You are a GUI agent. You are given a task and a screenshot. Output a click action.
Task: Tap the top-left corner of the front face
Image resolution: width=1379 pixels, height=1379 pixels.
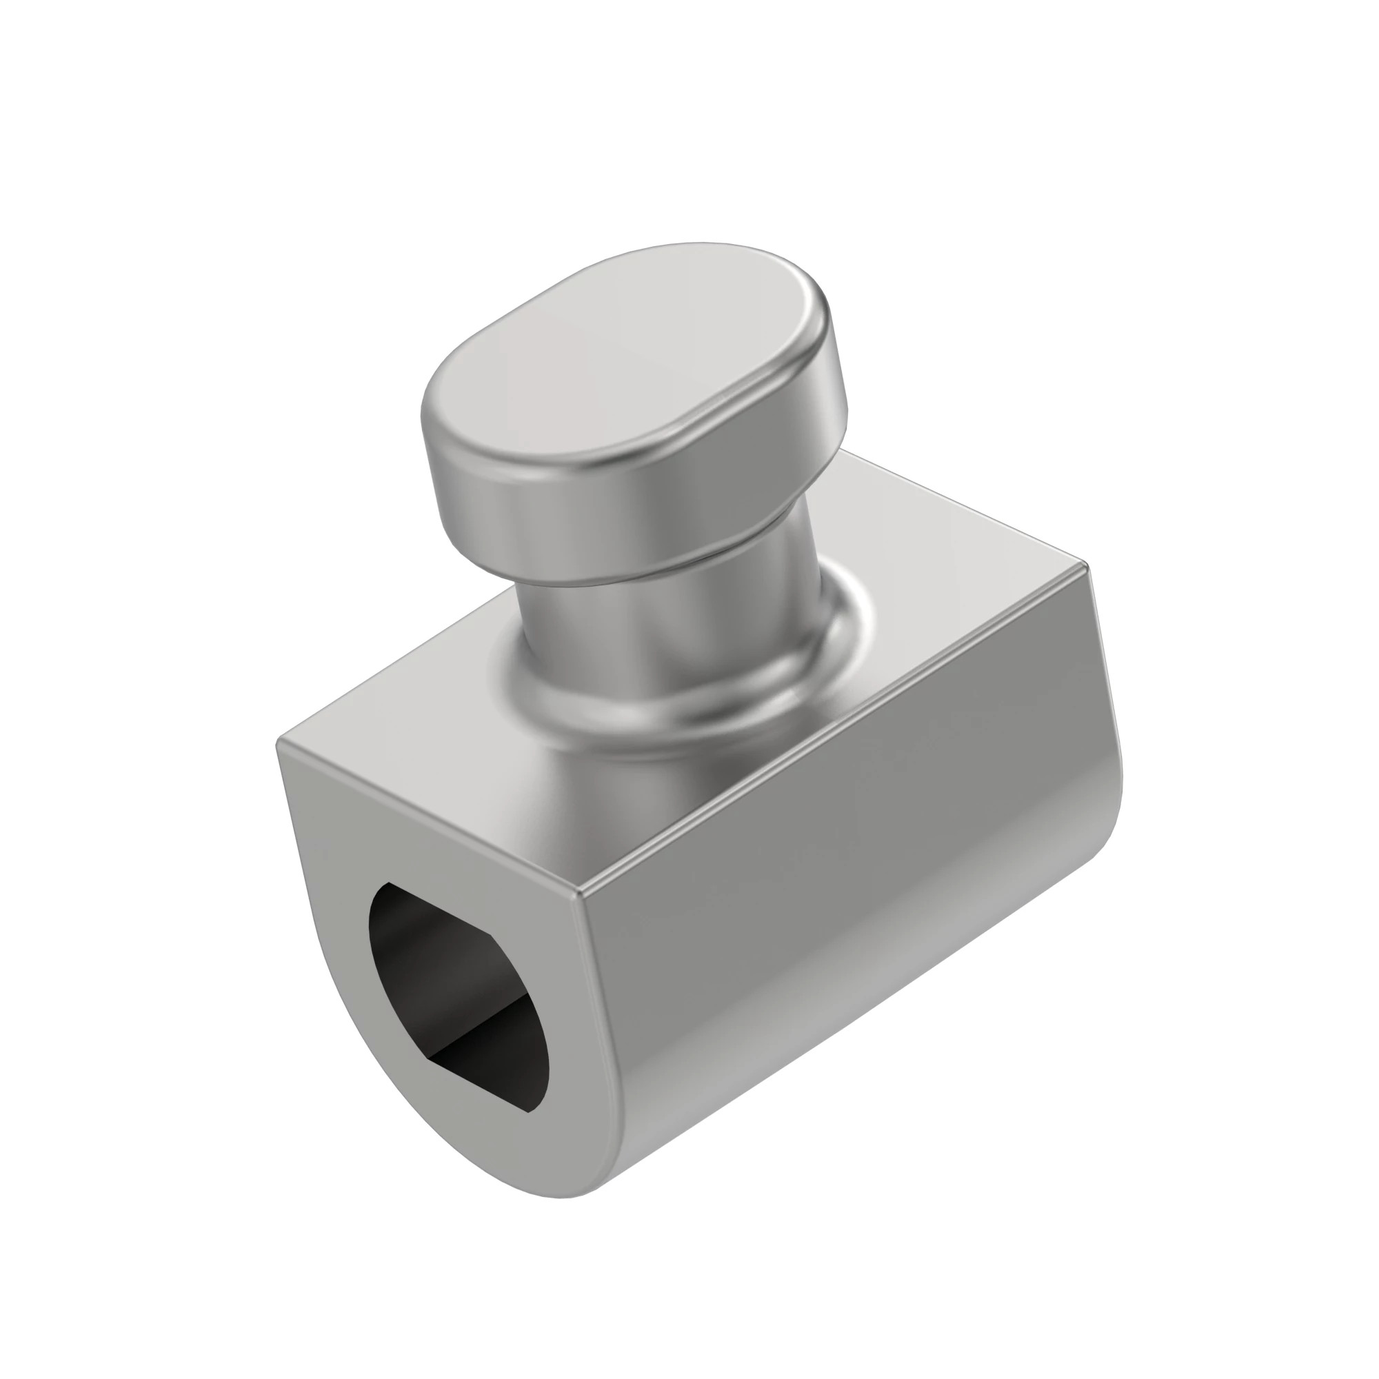[280, 743]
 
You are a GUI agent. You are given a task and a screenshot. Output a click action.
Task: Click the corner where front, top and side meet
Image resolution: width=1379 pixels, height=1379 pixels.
[580, 892]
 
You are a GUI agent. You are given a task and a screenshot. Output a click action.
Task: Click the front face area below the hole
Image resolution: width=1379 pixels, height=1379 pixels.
[500, 1171]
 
